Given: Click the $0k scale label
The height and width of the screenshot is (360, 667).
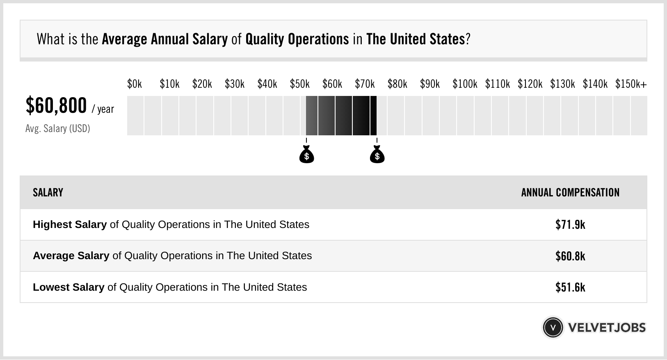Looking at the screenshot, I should [x=135, y=84].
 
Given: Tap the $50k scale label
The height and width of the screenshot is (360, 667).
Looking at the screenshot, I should [x=300, y=84].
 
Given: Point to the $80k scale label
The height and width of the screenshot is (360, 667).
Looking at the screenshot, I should [x=397, y=84].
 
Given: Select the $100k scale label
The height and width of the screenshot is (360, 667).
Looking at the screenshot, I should [x=465, y=84].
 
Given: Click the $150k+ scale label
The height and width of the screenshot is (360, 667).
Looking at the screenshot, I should [x=631, y=84].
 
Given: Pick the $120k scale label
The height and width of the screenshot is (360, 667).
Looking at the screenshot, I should [x=530, y=84].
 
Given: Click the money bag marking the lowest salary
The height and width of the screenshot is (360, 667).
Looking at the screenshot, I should [x=306, y=155].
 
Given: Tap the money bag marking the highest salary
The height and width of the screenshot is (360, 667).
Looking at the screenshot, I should [x=377, y=155].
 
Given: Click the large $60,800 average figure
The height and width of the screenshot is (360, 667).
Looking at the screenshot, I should [x=56, y=105].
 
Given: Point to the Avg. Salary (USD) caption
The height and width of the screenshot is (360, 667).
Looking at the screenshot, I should [x=58, y=129].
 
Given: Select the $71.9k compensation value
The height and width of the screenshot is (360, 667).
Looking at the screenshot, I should [x=570, y=225].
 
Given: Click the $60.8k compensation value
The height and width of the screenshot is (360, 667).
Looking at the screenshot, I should [x=570, y=256].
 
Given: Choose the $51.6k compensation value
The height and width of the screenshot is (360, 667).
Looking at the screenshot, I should [x=570, y=287].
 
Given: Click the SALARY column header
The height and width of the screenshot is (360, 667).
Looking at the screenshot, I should [x=48, y=193].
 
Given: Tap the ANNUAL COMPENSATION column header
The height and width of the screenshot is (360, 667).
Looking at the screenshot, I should [x=570, y=193].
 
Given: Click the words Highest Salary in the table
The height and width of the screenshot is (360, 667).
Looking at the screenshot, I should [x=70, y=225].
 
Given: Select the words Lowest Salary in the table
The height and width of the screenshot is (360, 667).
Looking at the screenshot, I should [x=69, y=287].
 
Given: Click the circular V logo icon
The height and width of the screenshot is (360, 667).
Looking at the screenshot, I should [x=553, y=328].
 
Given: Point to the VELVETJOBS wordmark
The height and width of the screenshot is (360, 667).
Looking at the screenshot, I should [x=607, y=328].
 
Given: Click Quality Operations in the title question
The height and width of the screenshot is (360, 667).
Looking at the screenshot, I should [x=297, y=39].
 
